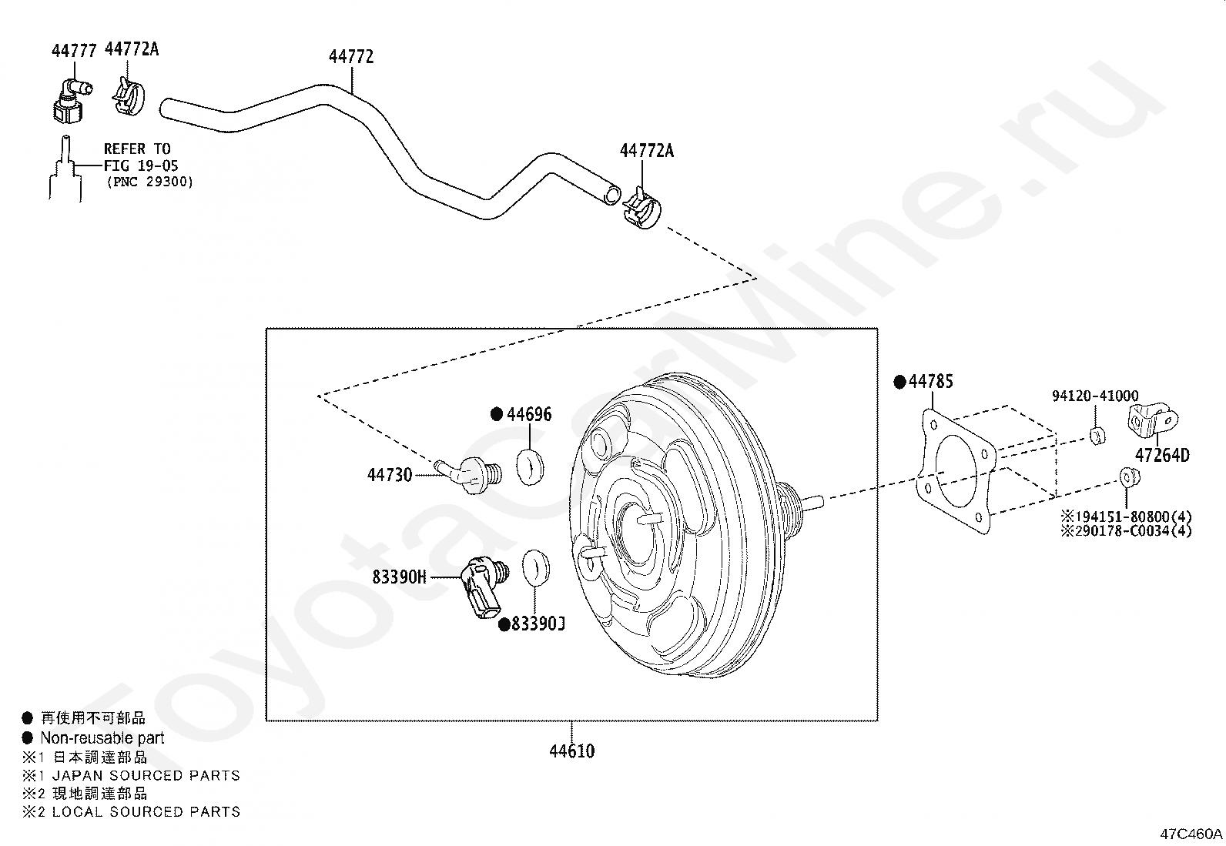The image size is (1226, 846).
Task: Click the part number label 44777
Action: tap(74, 51)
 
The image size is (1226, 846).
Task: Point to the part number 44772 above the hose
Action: tap(351, 57)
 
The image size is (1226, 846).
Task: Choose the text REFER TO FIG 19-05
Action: tap(137, 157)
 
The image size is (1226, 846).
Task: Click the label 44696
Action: tap(529, 414)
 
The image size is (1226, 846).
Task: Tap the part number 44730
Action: tap(390, 475)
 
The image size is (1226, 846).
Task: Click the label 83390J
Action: tap(538, 624)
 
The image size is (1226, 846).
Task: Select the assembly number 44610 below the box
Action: tap(571, 751)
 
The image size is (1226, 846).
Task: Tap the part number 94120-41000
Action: tap(1095, 396)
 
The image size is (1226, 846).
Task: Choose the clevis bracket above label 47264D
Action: tap(1152, 421)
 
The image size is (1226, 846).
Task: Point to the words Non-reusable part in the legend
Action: tap(102, 737)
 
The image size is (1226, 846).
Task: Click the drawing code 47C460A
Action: tap(1191, 834)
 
